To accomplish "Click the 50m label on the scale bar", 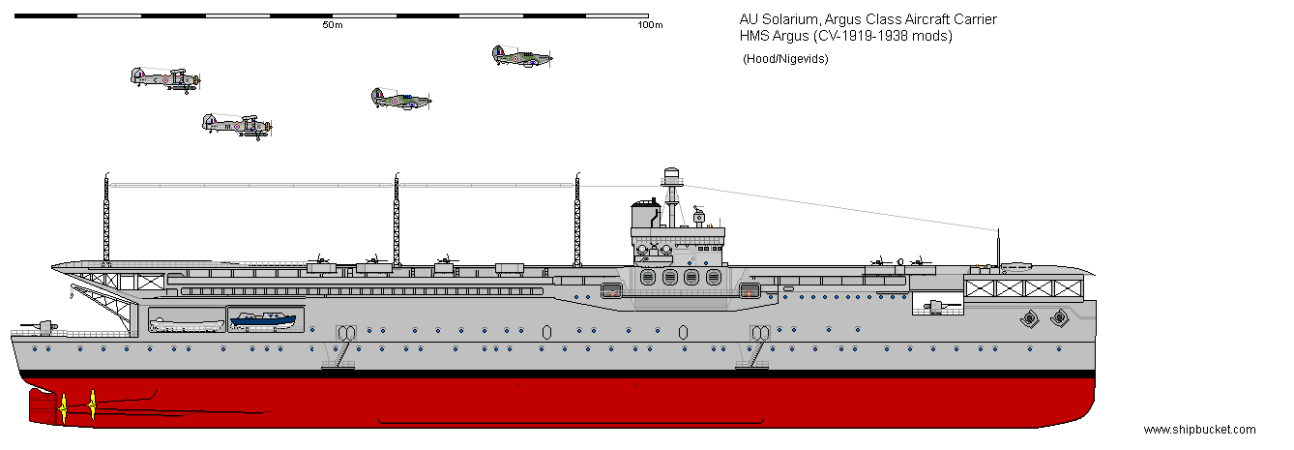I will (x=332, y=25).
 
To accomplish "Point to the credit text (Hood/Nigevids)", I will (x=784, y=59).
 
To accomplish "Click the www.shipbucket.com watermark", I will (x=1199, y=430).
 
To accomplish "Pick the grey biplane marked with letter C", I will (x=164, y=78).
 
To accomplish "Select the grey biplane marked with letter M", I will (x=236, y=124).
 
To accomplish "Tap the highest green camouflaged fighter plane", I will (x=520, y=56).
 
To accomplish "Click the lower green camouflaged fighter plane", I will (x=400, y=98).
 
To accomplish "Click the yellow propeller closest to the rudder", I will (x=64, y=406).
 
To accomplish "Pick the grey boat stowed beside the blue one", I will (x=187, y=323).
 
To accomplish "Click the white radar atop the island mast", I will (x=672, y=177).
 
